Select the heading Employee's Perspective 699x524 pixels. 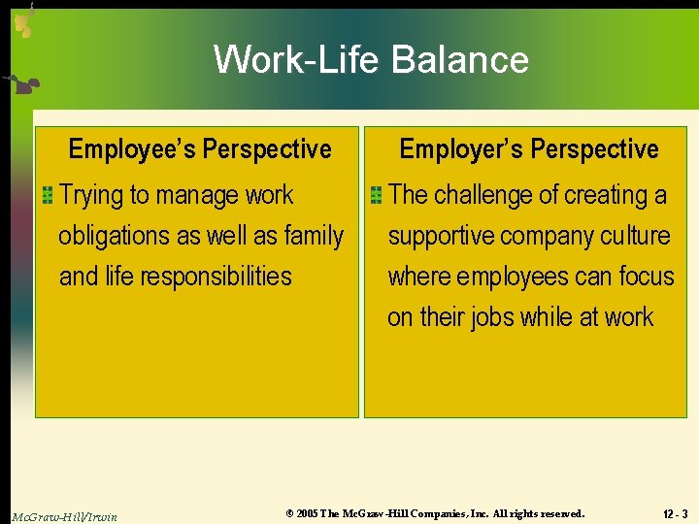tap(200, 149)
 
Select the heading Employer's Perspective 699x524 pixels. tap(529, 149)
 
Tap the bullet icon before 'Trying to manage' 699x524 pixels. tap(47, 196)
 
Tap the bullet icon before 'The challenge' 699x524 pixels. tap(376, 196)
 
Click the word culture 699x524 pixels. tap(636, 236)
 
